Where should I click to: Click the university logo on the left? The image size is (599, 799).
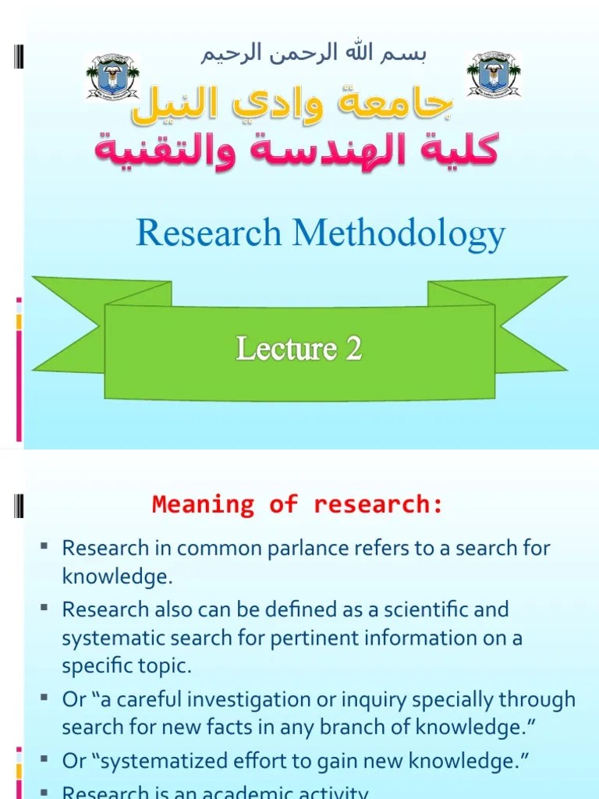click(x=112, y=77)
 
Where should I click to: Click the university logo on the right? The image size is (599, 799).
click(x=494, y=75)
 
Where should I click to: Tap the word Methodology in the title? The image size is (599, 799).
click(x=399, y=233)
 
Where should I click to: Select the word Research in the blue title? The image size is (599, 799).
click(x=208, y=233)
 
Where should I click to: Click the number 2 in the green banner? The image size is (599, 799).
click(x=353, y=349)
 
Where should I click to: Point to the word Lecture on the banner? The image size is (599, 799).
click(x=285, y=349)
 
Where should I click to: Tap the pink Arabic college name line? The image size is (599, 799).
click(x=296, y=149)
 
